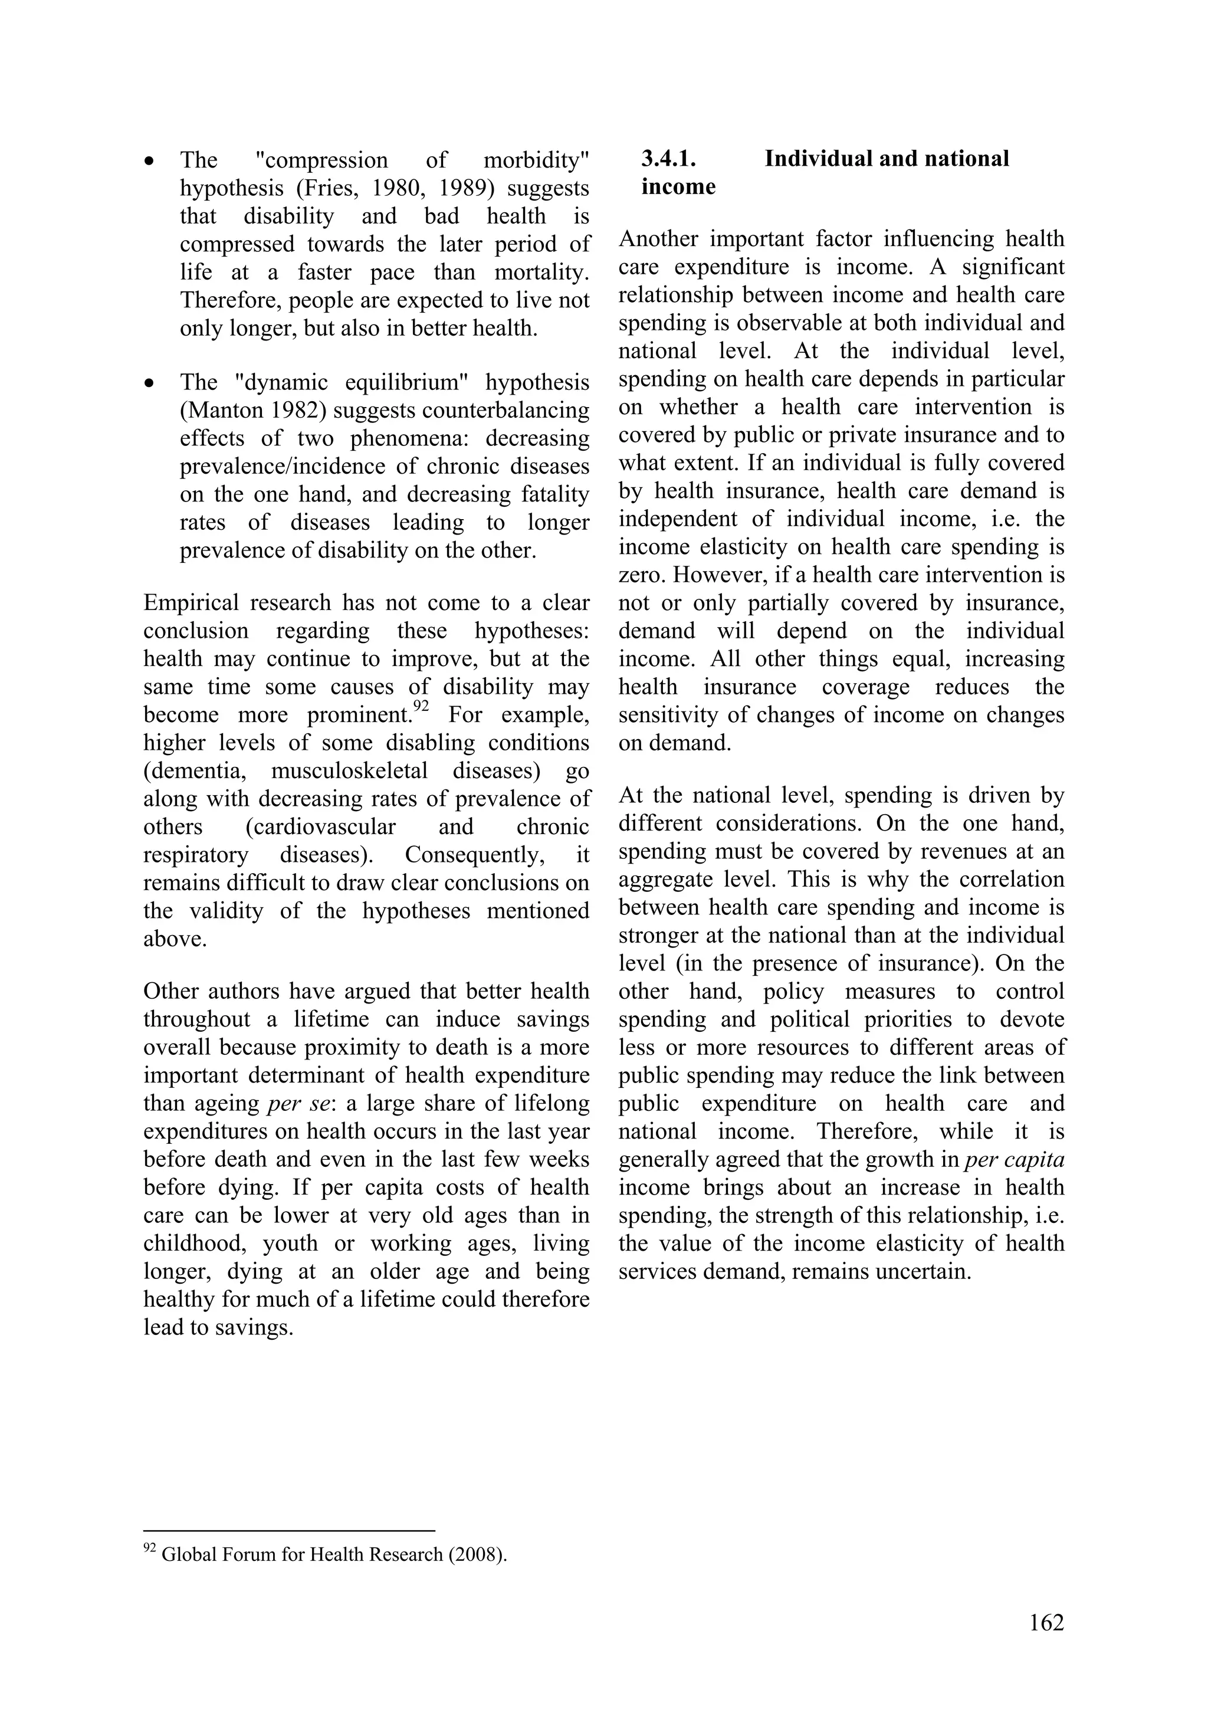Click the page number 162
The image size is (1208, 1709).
(1046, 1623)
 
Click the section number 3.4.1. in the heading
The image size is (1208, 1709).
(668, 159)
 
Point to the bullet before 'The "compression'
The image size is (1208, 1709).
(150, 162)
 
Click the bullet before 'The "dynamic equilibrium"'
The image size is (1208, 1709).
(150, 384)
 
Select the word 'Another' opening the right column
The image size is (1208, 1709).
(656, 239)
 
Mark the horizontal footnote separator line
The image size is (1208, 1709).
(289, 1531)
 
